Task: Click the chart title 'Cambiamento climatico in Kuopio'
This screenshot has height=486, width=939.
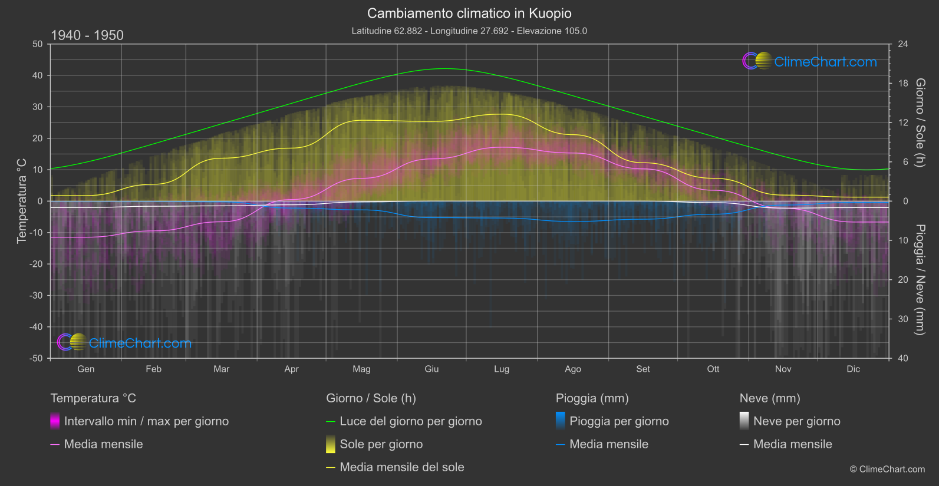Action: (x=469, y=14)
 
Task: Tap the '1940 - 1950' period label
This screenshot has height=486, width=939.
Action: (x=87, y=35)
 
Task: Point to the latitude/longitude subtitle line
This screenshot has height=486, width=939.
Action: (x=469, y=31)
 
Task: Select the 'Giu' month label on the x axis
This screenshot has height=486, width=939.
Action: (x=431, y=369)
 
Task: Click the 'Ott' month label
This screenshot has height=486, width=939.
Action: (x=713, y=369)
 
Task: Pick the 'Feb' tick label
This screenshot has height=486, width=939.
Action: (x=153, y=369)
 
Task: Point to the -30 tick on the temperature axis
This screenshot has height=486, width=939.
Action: (x=37, y=296)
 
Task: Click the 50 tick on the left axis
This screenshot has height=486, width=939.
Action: (x=38, y=44)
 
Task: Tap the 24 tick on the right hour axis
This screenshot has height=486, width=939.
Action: (x=902, y=44)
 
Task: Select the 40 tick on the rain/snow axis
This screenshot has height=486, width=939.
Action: (x=902, y=358)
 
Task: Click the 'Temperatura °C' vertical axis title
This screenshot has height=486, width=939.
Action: (x=22, y=201)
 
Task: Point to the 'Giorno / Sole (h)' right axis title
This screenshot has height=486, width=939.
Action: (x=920, y=123)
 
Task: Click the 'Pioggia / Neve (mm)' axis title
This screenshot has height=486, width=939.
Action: (x=920, y=280)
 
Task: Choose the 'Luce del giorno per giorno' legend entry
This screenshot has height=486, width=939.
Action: (x=410, y=421)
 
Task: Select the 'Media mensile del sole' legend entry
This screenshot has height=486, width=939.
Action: (x=401, y=467)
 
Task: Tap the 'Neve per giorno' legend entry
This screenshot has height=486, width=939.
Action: (x=796, y=421)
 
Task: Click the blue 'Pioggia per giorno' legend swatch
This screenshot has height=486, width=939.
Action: (x=561, y=421)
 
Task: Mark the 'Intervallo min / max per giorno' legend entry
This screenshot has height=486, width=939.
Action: (x=146, y=421)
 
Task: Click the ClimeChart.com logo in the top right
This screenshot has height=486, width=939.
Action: (x=810, y=61)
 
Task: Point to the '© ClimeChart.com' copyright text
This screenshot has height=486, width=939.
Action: (x=887, y=469)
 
